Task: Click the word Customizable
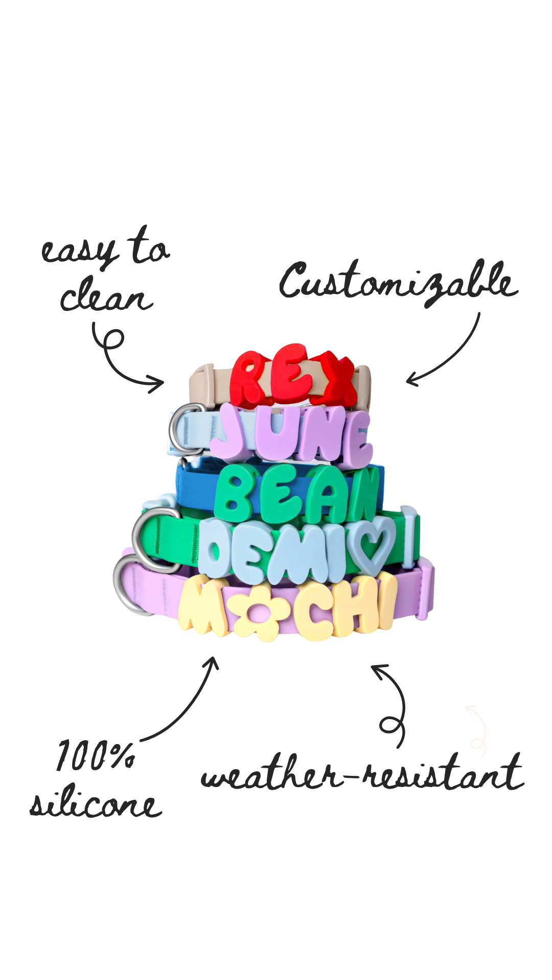pyautogui.click(x=399, y=283)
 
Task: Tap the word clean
pyautogui.click(x=106, y=295)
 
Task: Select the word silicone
pyautogui.click(x=96, y=802)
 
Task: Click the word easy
pyautogui.click(x=79, y=251)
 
